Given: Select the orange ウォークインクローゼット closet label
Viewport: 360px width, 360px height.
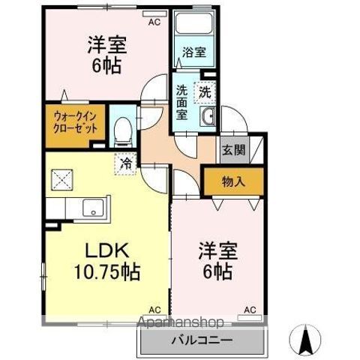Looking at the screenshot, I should (x=75, y=121).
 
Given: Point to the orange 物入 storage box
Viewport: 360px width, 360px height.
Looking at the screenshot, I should (x=233, y=181).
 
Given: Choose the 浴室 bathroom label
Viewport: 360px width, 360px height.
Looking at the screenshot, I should (x=195, y=53).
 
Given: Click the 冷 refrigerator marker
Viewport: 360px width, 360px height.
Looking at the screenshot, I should (x=127, y=161).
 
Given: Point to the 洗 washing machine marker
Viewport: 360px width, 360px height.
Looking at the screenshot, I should (x=205, y=91).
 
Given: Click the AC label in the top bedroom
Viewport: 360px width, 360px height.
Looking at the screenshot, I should (x=154, y=22).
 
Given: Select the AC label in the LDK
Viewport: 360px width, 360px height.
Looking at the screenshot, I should (x=154, y=309).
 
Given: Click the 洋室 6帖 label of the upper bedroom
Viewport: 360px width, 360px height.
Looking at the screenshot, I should (x=106, y=54).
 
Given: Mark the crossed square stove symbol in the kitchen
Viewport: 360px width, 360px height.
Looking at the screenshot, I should (x=61, y=180).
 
